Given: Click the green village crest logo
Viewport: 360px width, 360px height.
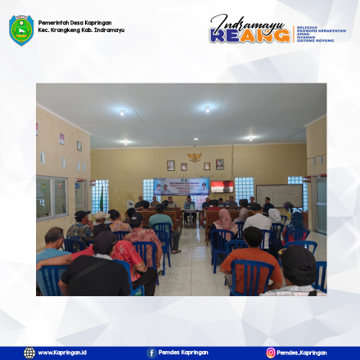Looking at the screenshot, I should coord(21,29).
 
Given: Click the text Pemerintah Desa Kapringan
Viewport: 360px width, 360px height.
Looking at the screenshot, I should coord(75,23).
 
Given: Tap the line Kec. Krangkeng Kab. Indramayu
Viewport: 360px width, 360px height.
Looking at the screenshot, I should coord(81,30).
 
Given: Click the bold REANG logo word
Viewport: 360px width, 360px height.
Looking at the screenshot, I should coord(249,35).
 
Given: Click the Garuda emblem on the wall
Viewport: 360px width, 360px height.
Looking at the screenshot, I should coord(195,155).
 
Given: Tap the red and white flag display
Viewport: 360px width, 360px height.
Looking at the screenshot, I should coord(222,187).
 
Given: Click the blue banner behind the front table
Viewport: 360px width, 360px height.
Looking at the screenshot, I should coord(181,187).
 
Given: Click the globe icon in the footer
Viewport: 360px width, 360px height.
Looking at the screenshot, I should coord(29,353).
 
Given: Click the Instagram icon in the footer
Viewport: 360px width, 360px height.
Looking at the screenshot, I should coord(271,353).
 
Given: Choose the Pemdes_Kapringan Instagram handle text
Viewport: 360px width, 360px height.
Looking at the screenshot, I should coord(304,353).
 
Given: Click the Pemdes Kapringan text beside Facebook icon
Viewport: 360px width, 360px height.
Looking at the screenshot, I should coord(184,353).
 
